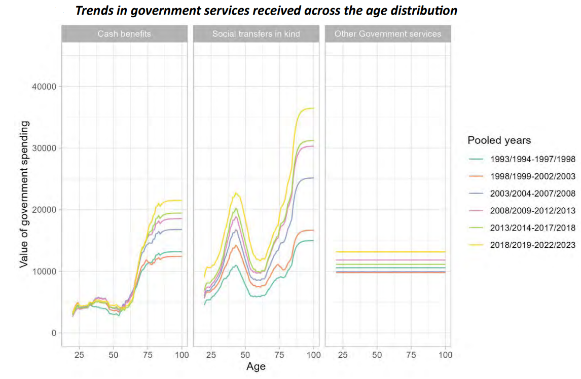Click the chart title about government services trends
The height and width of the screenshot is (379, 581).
tap(266, 11)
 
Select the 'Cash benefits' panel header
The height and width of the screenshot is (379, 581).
tap(124, 34)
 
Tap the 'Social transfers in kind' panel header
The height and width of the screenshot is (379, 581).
tap(256, 34)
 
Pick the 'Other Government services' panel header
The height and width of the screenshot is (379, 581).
tap(388, 34)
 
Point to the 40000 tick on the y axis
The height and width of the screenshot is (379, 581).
tap(44, 87)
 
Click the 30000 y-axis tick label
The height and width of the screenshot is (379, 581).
tap(44, 148)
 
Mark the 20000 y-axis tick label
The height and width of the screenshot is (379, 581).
tap(44, 210)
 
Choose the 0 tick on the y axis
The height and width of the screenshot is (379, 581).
tap(53, 333)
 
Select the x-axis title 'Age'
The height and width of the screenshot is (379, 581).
tap(256, 366)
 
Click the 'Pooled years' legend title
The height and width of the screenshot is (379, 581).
tap(499, 140)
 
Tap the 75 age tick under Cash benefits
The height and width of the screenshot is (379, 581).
tap(148, 355)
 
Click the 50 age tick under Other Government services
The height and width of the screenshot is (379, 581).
tap(377, 355)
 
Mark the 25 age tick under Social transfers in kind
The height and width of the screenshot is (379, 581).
tap(211, 355)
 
